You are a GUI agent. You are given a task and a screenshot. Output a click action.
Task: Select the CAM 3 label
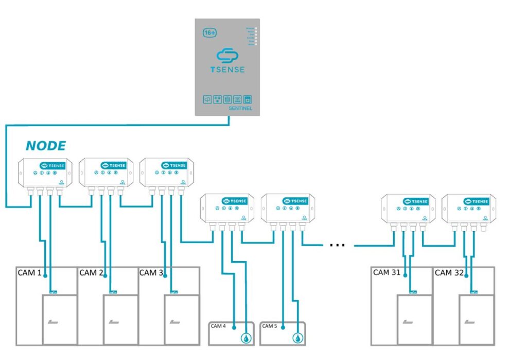pyautogui.click(x=151, y=272)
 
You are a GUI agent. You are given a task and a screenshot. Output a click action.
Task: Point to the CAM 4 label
pyautogui.click(x=218, y=326)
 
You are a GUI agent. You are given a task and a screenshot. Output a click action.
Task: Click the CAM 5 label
pyautogui.click(x=269, y=326)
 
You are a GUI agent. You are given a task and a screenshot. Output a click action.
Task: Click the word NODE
pyautogui.click(x=46, y=146)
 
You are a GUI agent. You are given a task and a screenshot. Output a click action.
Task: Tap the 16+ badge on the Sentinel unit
pyautogui.click(x=209, y=31)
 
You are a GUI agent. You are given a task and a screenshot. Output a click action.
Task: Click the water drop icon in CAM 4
pyautogui.click(x=246, y=338)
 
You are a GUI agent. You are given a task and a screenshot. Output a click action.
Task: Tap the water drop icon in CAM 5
pyautogui.click(x=297, y=338)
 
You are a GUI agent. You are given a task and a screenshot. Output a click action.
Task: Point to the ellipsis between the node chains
pyautogui.click(x=337, y=245)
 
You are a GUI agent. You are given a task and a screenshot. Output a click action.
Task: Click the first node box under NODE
pyautogui.click(x=45, y=173)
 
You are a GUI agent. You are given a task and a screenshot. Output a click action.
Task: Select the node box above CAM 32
pyautogui.click(x=468, y=209)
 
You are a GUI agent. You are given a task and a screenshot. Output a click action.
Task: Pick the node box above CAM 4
pyautogui.click(x=226, y=208)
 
